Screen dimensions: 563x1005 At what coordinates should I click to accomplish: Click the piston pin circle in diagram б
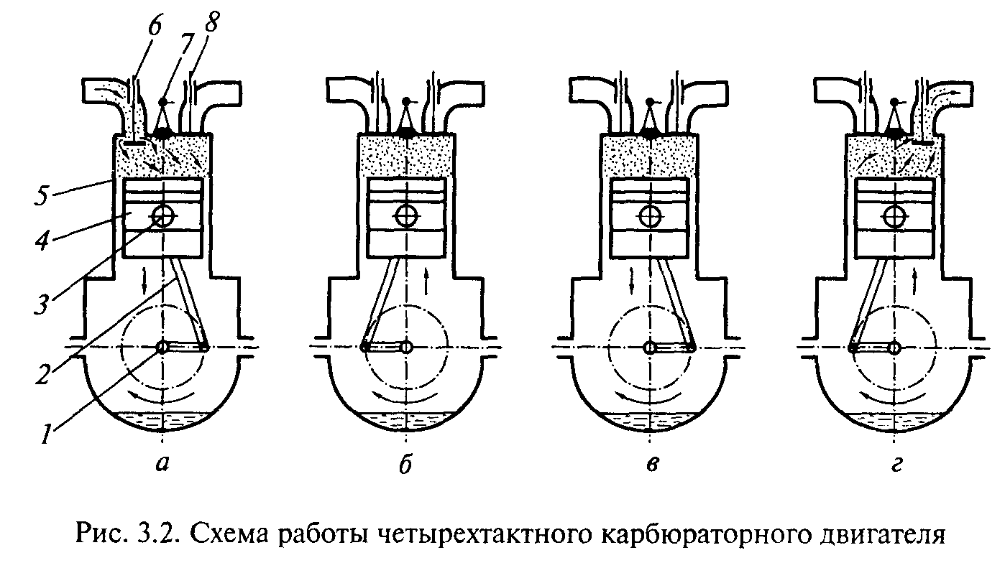point(408,215)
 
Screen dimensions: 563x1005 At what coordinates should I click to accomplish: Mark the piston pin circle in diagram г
point(894,215)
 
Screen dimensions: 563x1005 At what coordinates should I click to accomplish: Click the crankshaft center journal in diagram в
point(650,348)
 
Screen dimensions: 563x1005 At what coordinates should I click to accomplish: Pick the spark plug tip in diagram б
point(408,133)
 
